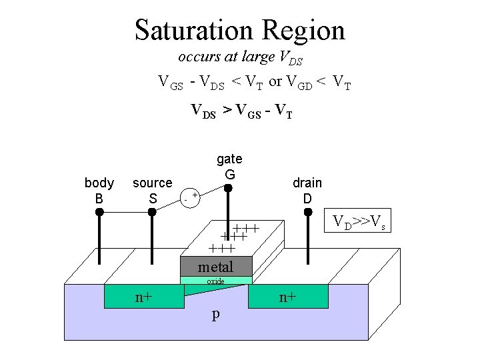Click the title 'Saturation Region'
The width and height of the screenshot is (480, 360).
(240, 30)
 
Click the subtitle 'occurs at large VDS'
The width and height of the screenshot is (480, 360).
(240, 58)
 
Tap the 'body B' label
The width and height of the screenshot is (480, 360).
(99, 190)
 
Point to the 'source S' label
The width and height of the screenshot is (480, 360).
(152, 190)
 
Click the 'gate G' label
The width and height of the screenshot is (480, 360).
(229, 167)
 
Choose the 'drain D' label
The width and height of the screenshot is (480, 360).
(307, 190)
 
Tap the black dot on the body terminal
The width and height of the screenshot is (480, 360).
(99, 212)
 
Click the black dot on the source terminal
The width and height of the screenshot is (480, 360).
(152, 212)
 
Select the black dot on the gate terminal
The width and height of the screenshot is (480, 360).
(228, 189)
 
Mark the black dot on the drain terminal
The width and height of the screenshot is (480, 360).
(308, 212)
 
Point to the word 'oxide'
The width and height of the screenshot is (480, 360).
(215, 281)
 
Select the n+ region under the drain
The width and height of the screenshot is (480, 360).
(288, 297)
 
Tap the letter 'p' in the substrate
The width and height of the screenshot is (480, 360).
(215, 314)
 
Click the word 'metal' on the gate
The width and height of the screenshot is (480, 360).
(215, 267)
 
